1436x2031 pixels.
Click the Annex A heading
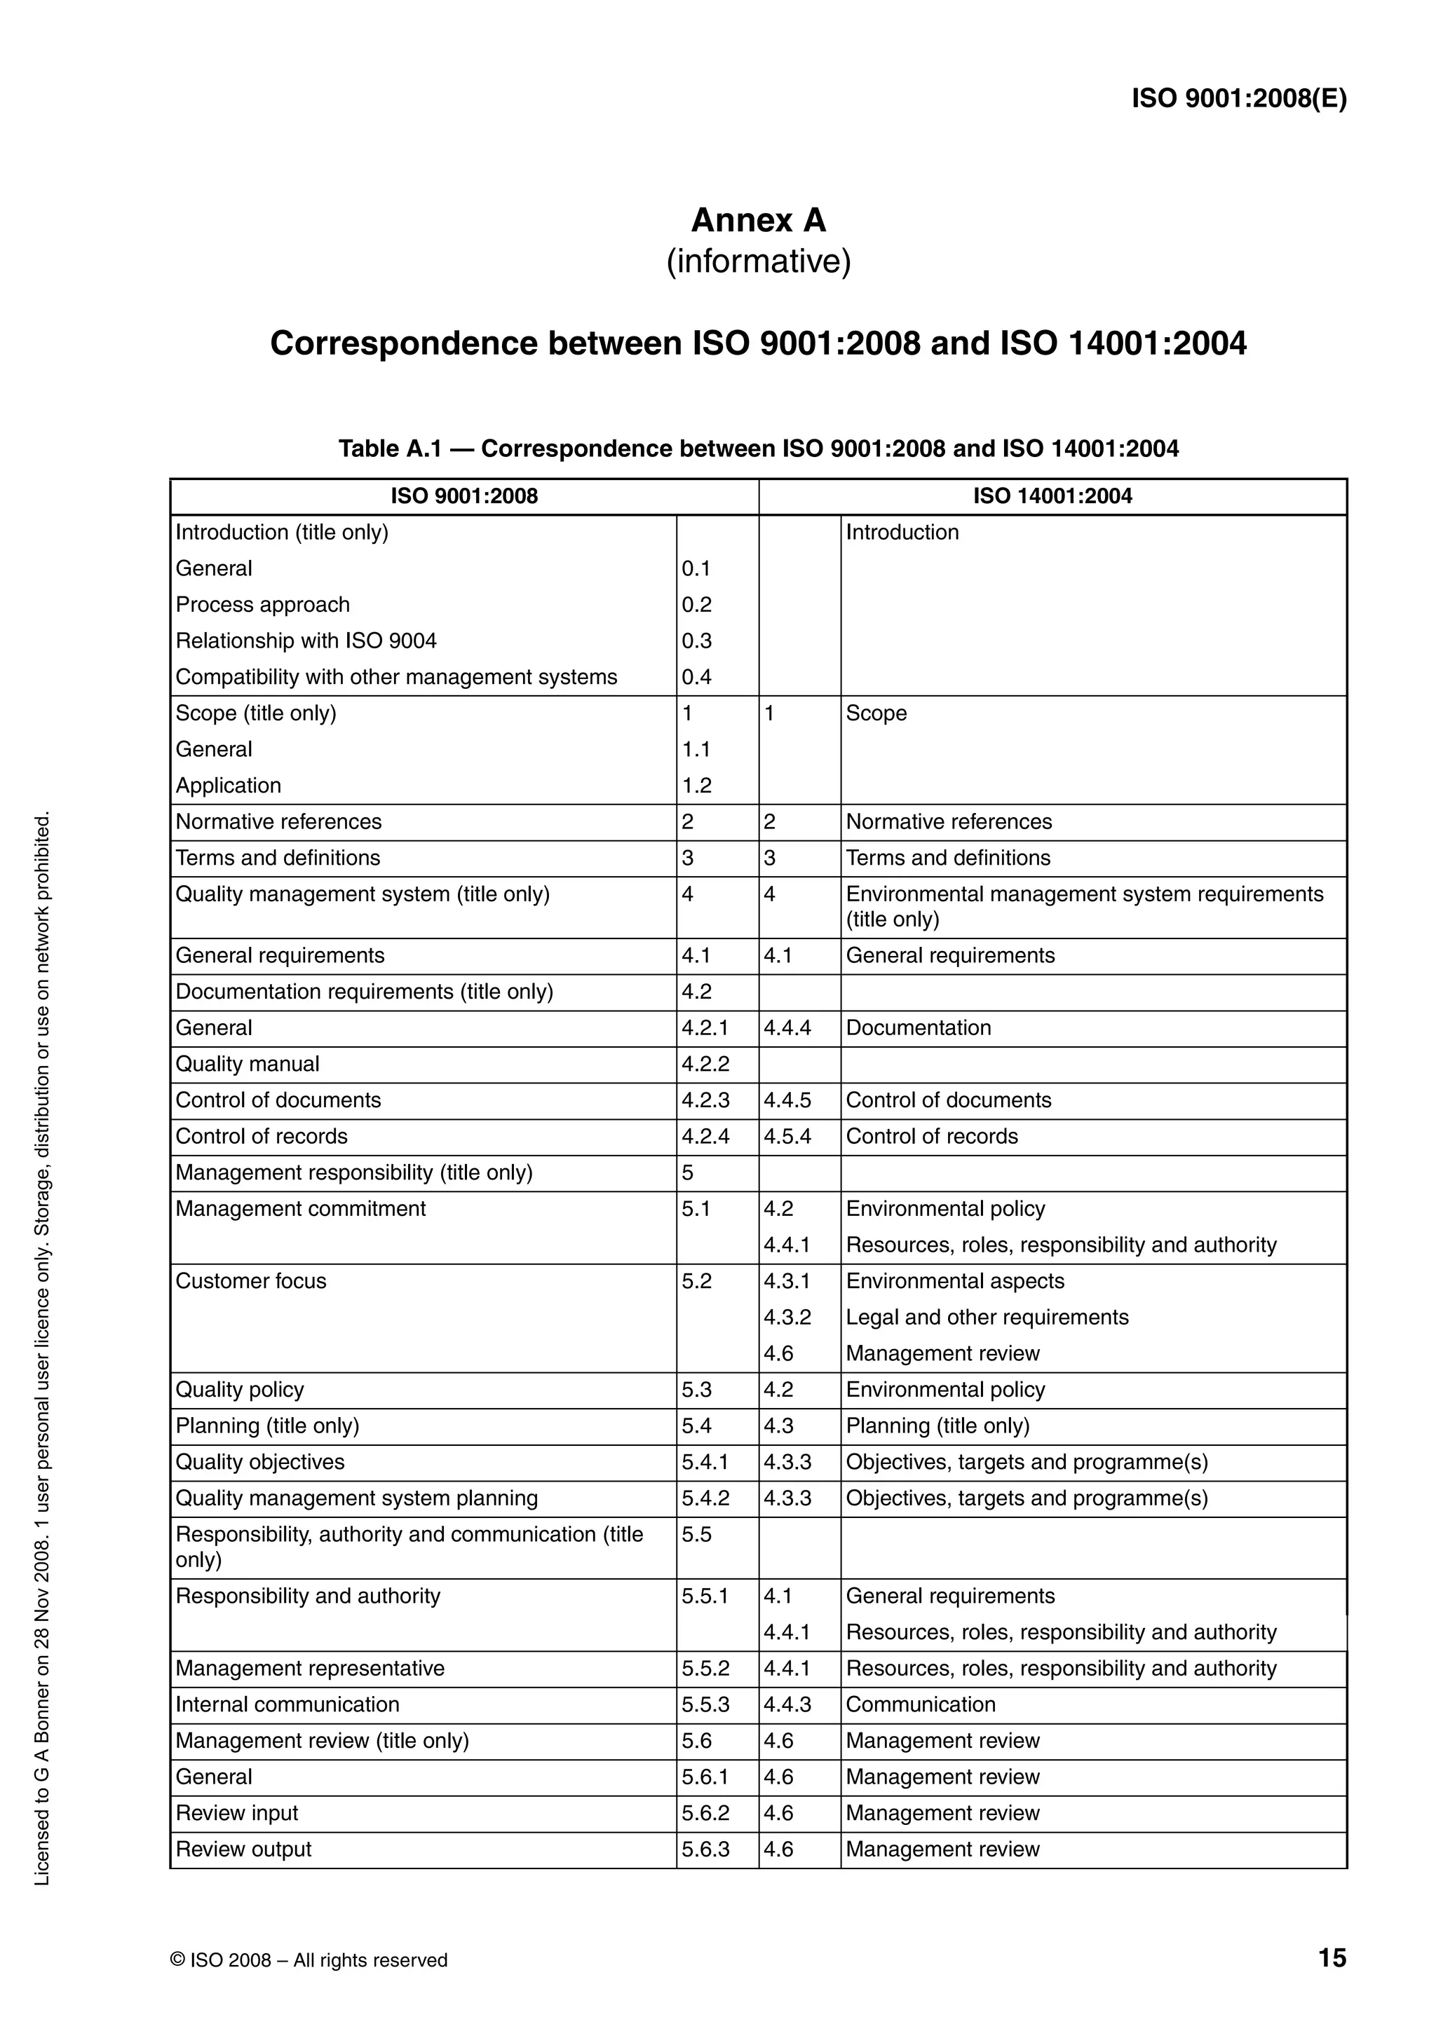(757, 220)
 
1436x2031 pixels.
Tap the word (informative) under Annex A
(757, 262)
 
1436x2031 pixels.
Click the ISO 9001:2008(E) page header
(1239, 98)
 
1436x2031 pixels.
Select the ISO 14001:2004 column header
(1052, 496)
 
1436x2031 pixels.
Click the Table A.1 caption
(757, 449)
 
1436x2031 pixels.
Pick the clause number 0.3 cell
(696, 641)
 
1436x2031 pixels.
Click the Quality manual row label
(247, 1064)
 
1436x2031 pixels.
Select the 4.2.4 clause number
(705, 1137)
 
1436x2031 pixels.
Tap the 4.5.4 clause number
(787, 1137)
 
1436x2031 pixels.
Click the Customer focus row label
(250, 1281)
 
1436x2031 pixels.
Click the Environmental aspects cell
(955, 1281)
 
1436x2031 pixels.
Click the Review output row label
(243, 1849)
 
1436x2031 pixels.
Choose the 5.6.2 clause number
(705, 1814)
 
